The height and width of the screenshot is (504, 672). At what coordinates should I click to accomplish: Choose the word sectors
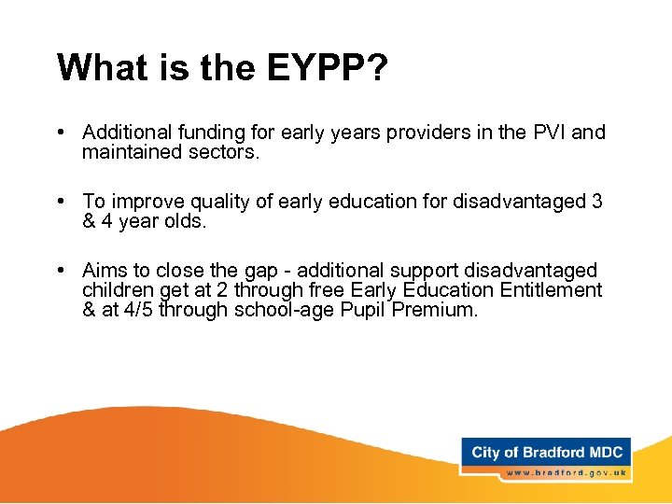click(x=223, y=151)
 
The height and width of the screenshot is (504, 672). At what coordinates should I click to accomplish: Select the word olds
click(x=183, y=221)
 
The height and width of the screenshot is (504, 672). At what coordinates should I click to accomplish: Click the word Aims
click(x=104, y=271)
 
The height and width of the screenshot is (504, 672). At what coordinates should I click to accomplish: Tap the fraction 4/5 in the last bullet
click(x=138, y=310)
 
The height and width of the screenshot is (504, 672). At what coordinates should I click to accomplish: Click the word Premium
click(x=434, y=310)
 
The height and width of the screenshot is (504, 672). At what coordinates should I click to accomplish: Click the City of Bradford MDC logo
click(x=546, y=453)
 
